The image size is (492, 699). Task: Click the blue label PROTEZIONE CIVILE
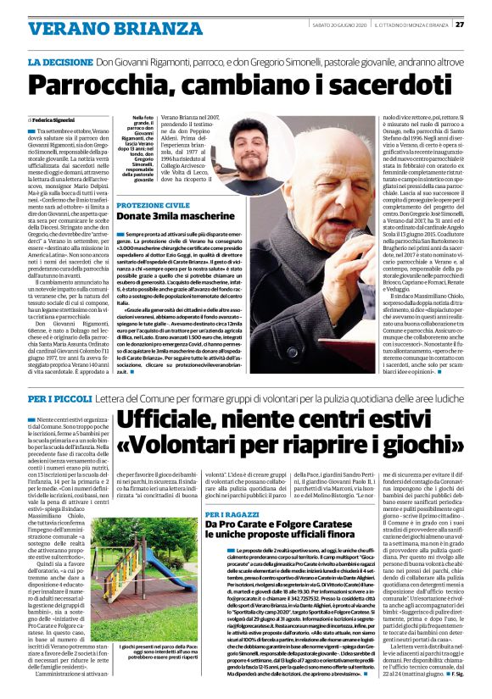[x=153, y=206]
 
